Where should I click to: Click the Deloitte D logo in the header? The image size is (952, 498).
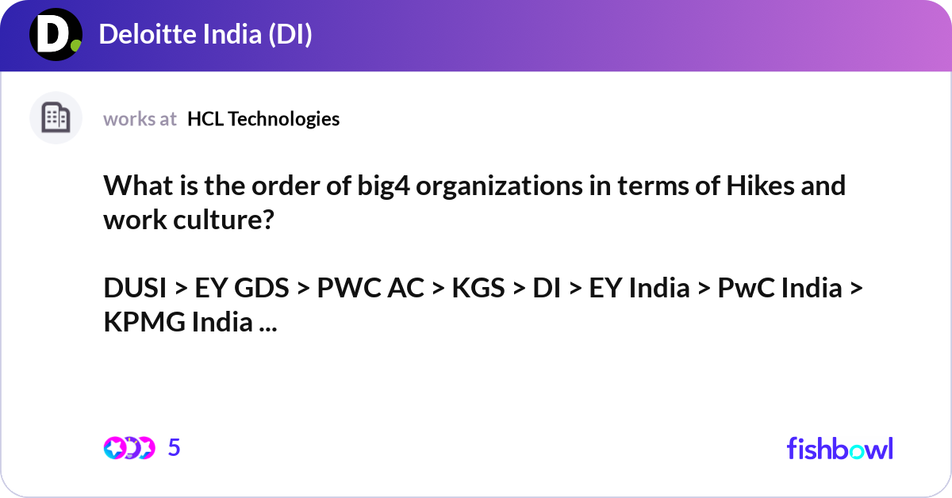click(x=56, y=35)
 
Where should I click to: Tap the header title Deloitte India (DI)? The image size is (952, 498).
click(x=205, y=35)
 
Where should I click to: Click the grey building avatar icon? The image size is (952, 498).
click(x=56, y=118)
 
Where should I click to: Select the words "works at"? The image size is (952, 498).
click(x=140, y=119)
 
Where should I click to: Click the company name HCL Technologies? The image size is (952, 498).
click(x=263, y=119)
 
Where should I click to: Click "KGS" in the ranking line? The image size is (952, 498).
click(x=478, y=288)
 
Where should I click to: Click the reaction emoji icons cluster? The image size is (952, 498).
click(x=129, y=448)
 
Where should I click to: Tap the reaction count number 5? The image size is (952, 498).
click(x=175, y=448)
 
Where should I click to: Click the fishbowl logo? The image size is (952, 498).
click(x=839, y=448)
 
